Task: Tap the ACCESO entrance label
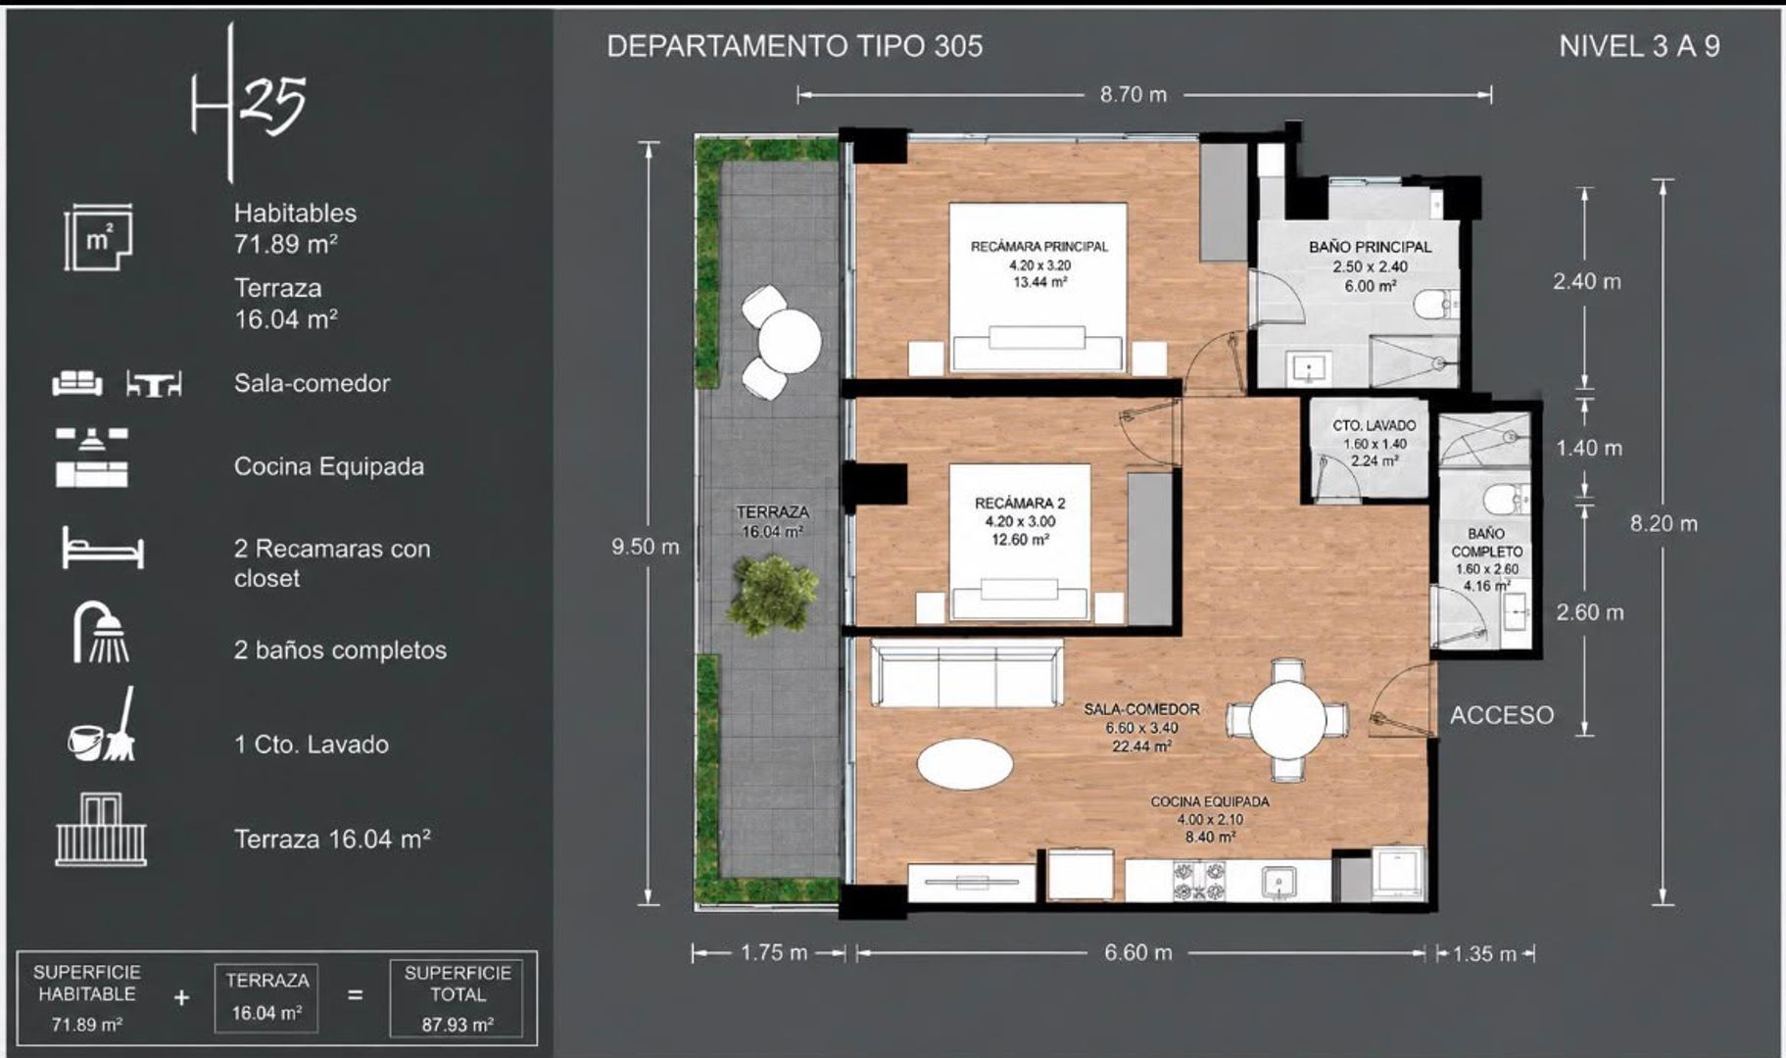(1502, 715)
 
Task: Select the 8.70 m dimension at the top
(1134, 95)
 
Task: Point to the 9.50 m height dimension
(645, 547)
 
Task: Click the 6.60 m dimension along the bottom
(1138, 952)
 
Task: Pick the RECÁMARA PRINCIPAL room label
(1039, 247)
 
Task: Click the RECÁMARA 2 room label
(1020, 504)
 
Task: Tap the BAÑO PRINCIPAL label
(1370, 248)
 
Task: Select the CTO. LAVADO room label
(1374, 426)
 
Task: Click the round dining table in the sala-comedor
(1287, 719)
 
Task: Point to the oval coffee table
(966, 761)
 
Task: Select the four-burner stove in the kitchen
(1199, 880)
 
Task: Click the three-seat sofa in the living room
(968, 673)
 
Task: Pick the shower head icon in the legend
(100, 632)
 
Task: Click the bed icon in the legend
(103, 548)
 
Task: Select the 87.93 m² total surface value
(458, 1025)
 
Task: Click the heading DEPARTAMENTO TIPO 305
(795, 46)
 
